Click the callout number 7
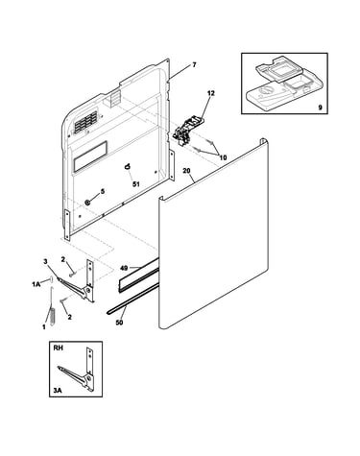click(x=194, y=65)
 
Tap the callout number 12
click(x=211, y=93)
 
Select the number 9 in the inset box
click(x=320, y=108)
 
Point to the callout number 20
click(x=186, y=171)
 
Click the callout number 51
click(x=136, y=184)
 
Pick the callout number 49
click(x=125, y=268)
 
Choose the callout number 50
click(x=119, y=323)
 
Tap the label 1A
click(x=36, y=284)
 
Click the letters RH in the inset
click(x=59, y=348)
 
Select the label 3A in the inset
click(x=58, y=391)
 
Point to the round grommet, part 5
click(x=86, y=202)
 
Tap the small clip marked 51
click(x=128, y=166)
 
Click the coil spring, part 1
click(x=53, y=315)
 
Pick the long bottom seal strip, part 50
click(x=132, y=299)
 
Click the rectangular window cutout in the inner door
click(x=90, y=156)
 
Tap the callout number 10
click(x=223, y=157)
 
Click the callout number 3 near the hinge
click(x=45, y=261)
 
